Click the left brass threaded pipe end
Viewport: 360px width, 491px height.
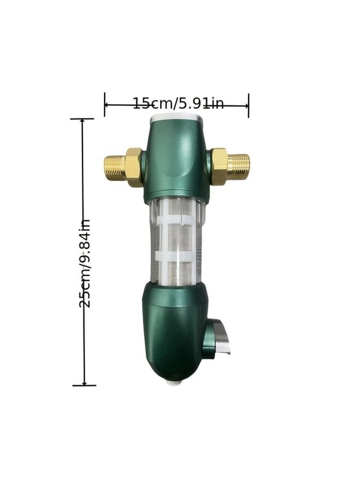pos(115,167)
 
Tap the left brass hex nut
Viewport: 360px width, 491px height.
pos(134,167)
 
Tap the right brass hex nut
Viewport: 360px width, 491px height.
pos(219,166)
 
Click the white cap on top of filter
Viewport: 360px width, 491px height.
pos(177,118)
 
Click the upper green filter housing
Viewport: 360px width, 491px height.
pos(175,161)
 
